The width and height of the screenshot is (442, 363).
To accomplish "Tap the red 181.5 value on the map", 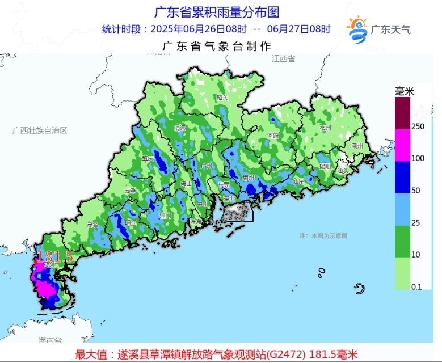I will coord(55,256).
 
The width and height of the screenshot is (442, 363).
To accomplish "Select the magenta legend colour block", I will coord(403,144).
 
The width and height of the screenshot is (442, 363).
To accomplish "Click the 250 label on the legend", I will coord(418,126).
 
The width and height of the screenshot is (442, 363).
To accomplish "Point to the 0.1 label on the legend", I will coord(416,286).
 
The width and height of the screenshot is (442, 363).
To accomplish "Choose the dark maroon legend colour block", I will coord(403,112).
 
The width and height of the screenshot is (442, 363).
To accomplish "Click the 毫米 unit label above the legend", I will coord(405,91).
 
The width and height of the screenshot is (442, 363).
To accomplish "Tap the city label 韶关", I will coord(222,98).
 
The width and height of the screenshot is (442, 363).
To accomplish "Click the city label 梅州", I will coord(325,128).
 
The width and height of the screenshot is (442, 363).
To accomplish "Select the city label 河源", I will coord(272,136).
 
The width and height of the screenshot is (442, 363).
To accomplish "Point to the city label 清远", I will coord(180,128).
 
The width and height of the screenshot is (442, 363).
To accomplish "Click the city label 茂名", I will coord(92,225).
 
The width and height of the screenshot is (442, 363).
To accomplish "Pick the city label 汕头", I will coord(342,170).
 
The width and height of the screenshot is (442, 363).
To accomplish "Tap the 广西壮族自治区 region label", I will coord(40,130).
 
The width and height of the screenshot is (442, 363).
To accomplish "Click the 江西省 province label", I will coord(283,58).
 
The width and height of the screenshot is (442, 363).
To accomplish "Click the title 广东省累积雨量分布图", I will coord(217,12).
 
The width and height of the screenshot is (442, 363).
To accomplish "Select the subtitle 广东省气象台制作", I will coord(217,47).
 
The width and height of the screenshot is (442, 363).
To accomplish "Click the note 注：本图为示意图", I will coord(323,235).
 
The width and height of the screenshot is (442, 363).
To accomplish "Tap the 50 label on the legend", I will coord(415,190).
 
